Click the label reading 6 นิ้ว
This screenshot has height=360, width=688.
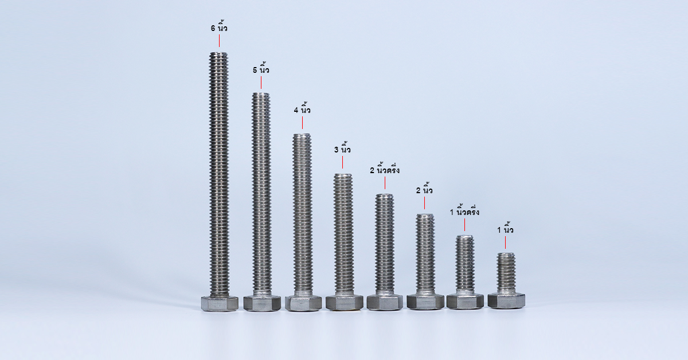(219, 28)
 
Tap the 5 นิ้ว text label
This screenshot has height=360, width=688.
(261, 70)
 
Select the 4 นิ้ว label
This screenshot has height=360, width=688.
(302, 110)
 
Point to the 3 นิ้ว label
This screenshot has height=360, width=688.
(342, 150)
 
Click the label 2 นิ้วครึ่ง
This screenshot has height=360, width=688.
(385, 170)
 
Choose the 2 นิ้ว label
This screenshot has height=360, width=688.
(424, 190)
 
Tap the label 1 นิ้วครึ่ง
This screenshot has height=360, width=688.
(465, 212)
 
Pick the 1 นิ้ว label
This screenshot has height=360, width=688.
(505, 229)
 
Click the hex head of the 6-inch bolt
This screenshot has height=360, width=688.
(220, 303)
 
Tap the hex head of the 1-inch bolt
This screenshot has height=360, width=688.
(506, 301)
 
